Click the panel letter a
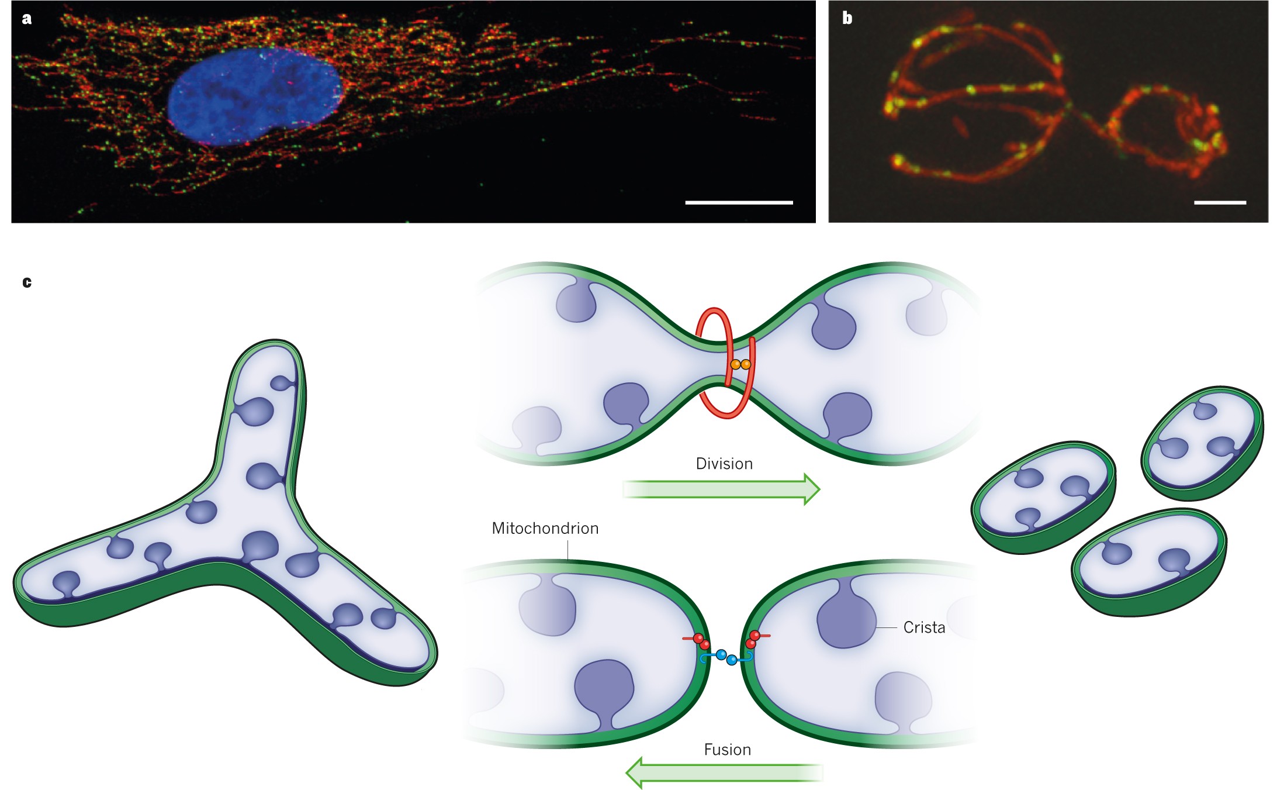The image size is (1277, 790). coord(26,19)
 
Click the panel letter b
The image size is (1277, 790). coord(847,19)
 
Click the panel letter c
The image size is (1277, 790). coord(27,282)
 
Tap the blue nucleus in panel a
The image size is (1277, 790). coord(254,96)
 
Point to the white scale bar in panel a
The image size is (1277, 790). coord(739,202)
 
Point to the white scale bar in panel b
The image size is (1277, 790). coord(1220,202)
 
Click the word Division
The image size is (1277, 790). coord(724,464)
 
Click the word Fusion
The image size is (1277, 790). coord(727,750)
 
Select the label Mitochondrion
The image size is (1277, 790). coord(545,529)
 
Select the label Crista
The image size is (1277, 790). coord(924,627)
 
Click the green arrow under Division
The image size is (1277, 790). coord(722,489)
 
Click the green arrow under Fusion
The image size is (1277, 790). coord(724,772)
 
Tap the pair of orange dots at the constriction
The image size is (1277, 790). coord(740,364)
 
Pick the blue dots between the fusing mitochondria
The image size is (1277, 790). coord(726,657)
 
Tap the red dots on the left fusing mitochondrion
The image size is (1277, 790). coord(701,641)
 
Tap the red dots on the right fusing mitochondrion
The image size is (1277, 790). coord(753,639)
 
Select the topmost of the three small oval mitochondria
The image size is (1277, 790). coord(1202,443)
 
